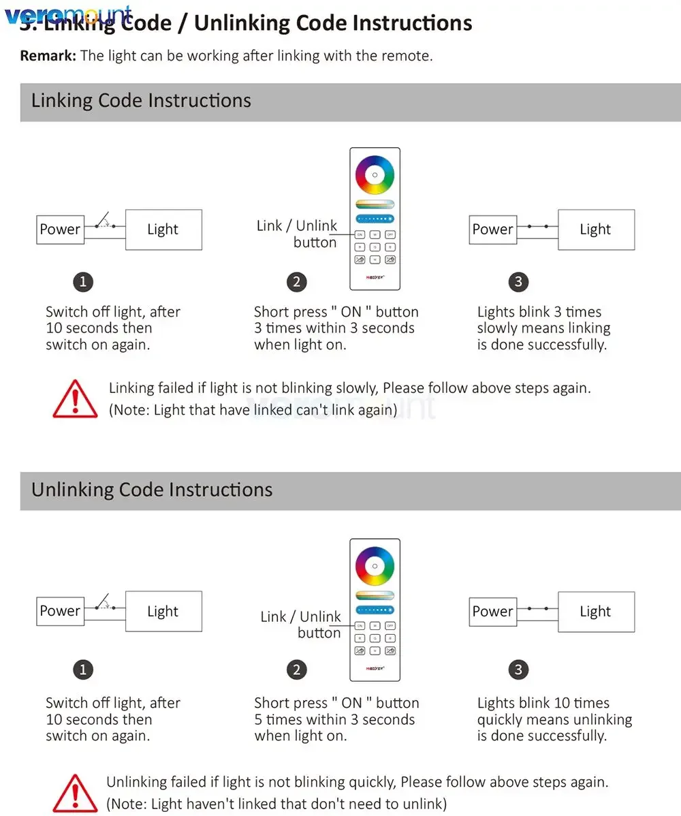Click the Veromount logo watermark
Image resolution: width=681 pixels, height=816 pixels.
67,15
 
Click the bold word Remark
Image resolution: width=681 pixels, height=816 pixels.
47,56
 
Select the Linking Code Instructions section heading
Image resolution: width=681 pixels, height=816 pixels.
141,101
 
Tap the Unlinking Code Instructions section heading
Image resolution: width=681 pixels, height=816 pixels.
152,490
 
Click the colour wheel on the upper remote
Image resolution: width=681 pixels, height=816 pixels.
375,175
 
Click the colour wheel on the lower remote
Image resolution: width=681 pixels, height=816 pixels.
375,565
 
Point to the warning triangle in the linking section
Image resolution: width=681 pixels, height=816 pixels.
75,399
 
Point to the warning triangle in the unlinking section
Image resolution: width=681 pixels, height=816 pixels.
75,794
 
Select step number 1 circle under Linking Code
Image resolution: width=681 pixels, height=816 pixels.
83,281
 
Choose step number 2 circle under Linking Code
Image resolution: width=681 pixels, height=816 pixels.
296,281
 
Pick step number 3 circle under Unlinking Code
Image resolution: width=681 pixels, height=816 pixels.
518,670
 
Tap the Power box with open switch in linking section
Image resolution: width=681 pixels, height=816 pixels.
60,230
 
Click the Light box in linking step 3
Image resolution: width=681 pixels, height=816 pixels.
596,230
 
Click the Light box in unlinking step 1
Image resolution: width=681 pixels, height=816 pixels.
163,612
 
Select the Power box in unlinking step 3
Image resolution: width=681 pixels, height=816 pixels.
492,612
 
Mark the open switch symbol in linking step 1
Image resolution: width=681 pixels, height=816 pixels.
104,222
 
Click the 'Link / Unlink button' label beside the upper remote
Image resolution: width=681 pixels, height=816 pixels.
298,234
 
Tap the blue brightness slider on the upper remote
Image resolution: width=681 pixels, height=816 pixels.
375,219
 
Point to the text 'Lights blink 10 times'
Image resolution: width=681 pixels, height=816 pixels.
543,703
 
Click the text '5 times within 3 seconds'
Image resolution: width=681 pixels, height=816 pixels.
334,719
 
